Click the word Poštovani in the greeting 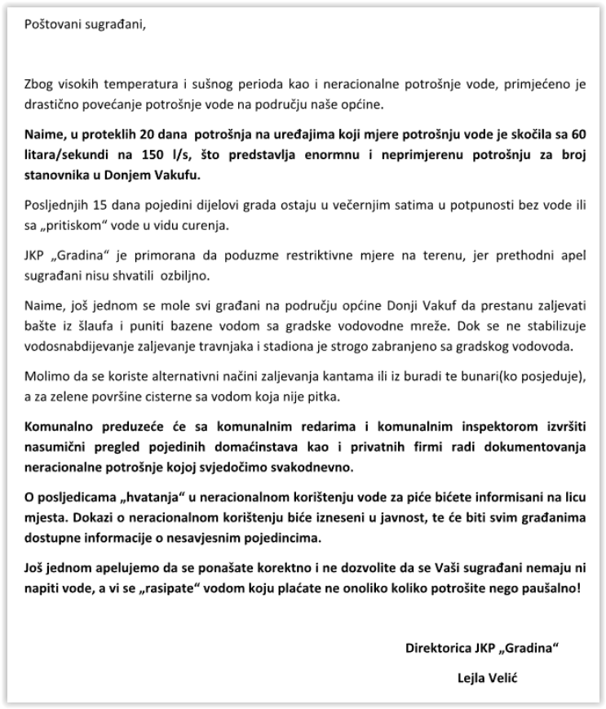click(51, 22)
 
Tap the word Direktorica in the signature click(438, 649)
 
